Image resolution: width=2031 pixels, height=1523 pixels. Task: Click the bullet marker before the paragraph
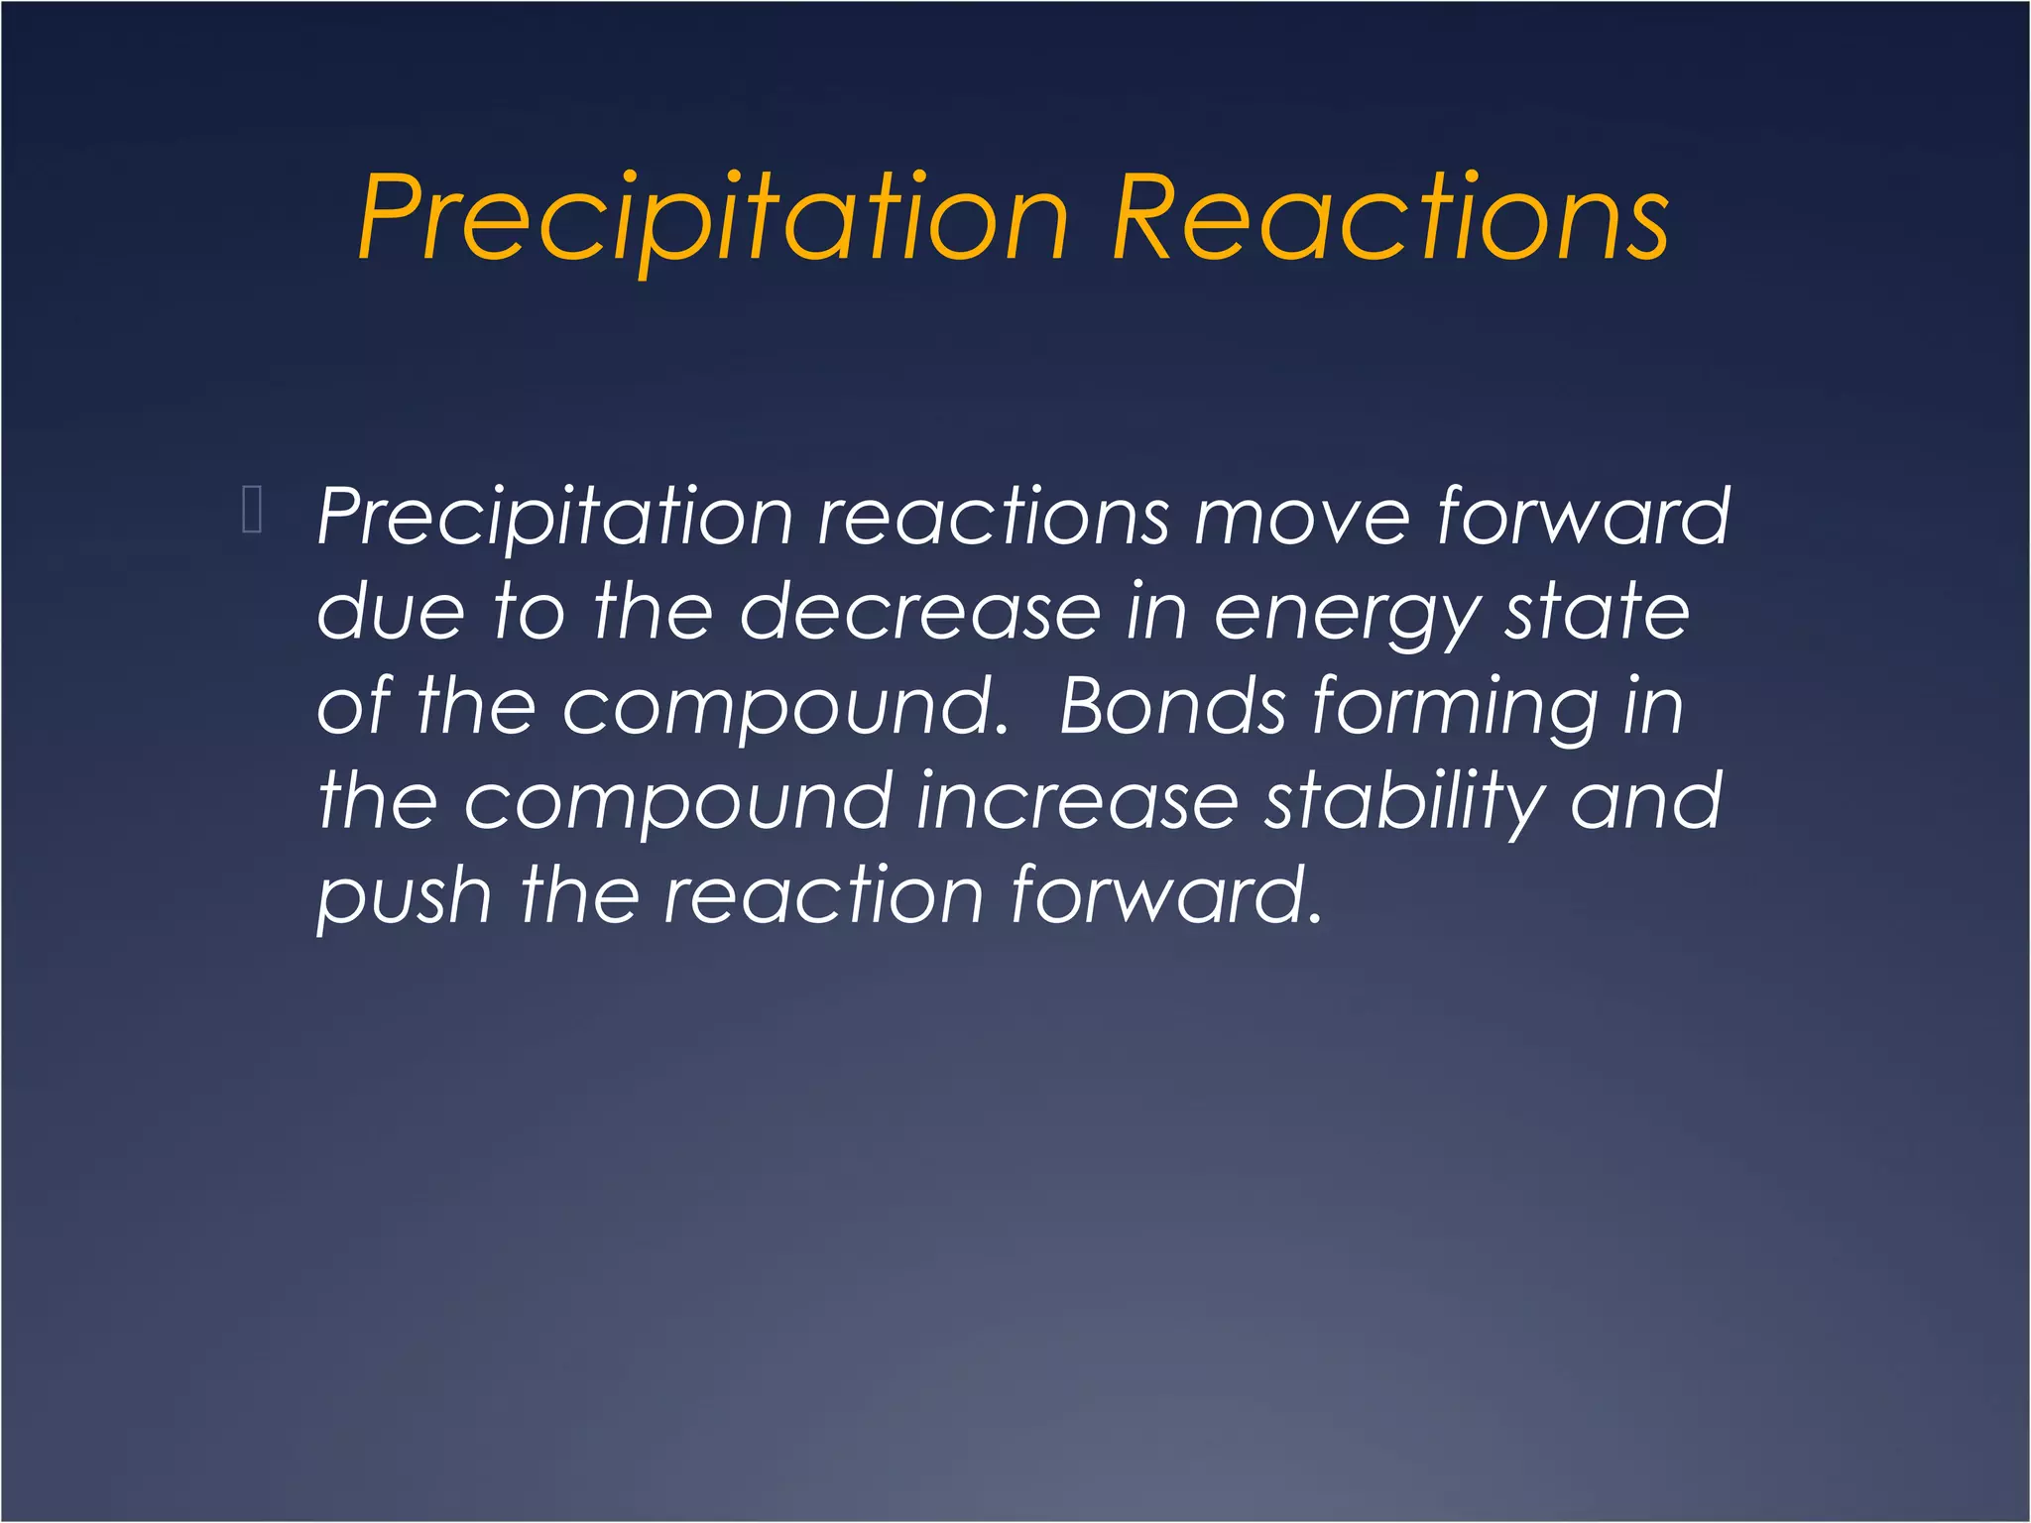click(x=252, y=511)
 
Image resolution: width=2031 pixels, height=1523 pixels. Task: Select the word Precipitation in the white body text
click(x=555, y=518)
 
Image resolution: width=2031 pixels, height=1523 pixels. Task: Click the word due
click(x=390, y=612)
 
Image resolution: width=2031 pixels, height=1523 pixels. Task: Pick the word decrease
click(x=920, y=612)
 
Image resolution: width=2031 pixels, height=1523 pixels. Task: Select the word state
click(x=1598, y=612)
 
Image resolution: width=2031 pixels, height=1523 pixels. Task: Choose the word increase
click(x=1077, y=800)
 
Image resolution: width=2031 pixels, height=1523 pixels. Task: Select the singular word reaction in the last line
click(x=823, y=895)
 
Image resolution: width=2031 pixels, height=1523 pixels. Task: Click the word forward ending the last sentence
click(x=1166, y=895)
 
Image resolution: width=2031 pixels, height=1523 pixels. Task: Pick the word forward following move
click(x=1583, y=518)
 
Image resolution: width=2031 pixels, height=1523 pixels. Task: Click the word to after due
click(x=530, y=612)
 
